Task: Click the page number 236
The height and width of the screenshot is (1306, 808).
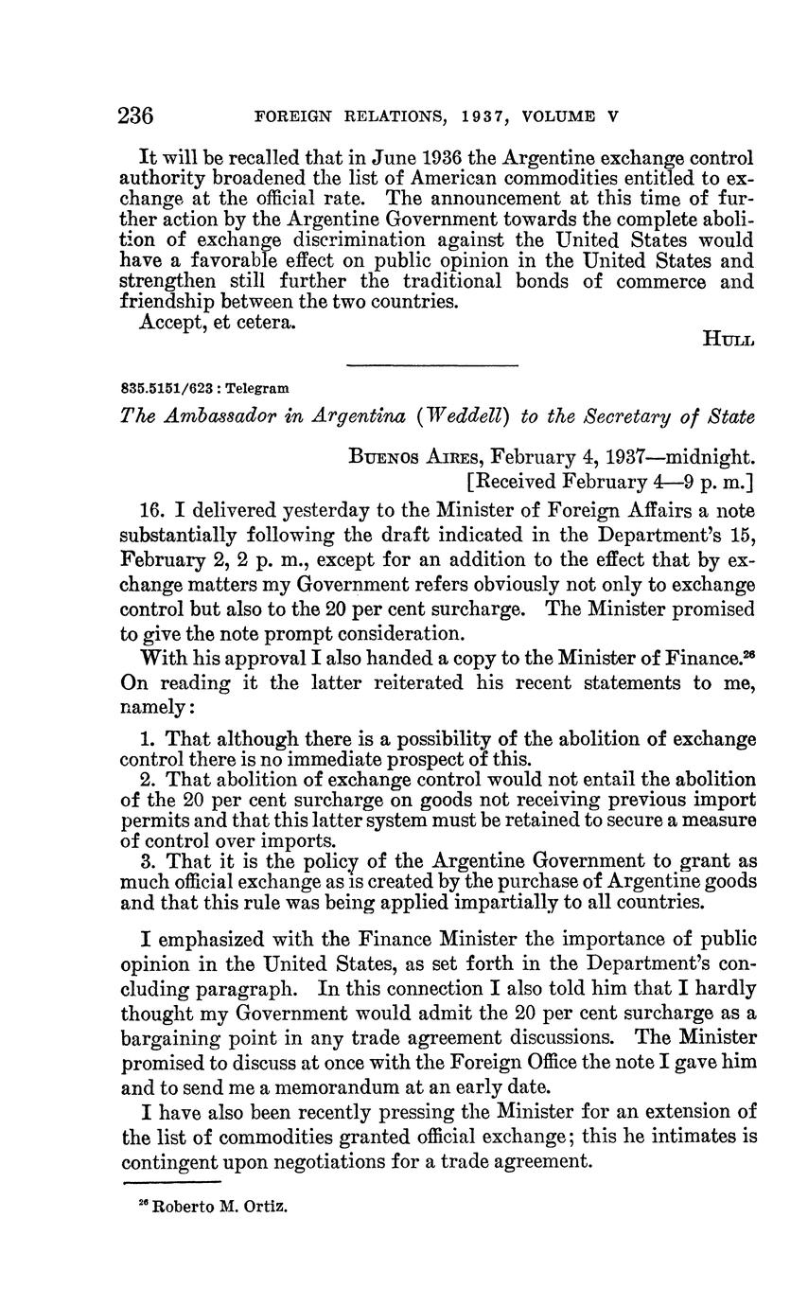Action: pos(135,116)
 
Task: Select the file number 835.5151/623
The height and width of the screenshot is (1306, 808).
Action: pos(166,388)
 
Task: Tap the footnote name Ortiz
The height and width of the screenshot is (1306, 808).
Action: pos(265,1207)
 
